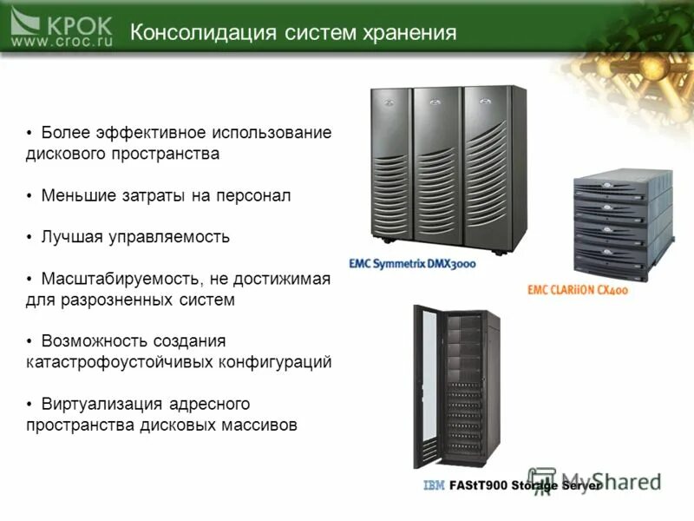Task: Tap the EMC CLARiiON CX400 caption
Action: tap(577, 290)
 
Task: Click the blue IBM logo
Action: tap(434, 485)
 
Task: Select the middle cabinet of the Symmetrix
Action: tap(436, 165)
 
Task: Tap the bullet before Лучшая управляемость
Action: tap(29, 236)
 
